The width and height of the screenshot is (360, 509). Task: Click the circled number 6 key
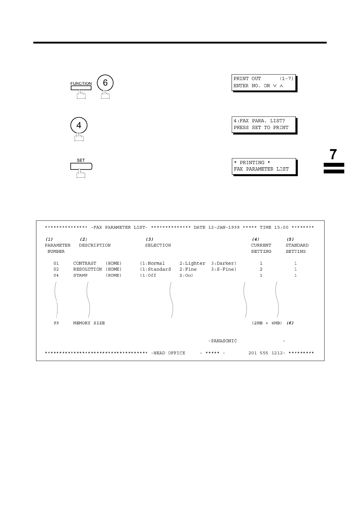pyautogui.click(x=105, y=83)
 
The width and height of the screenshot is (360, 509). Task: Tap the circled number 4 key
pyautogui.click(x=79, y=125)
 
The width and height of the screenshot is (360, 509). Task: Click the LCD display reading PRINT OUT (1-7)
pyautogui.click(x=263, y=82)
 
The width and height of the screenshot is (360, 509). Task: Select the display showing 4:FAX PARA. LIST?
pyautogui.click(x=263, y=124)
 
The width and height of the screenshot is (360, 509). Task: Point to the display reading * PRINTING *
pyautogui.click(x=263, y=166)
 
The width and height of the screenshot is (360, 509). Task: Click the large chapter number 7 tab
pyautogui.click(x=333, y=155)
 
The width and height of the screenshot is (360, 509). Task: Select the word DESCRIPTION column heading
pyautogui.click(x=95, y=245)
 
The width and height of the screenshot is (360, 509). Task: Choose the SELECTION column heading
pyautogui.click(x=158, y=245)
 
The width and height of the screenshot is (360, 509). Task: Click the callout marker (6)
pyautogui.click(x=290, y=323)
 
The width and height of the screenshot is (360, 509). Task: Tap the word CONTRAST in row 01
pyautogui.click(x=85, y=263)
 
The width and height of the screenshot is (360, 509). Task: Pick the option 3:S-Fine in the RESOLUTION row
pyautogui.click(x=224, y=269)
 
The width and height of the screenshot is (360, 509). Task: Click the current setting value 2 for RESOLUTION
pyautogui.click(x=261, y=269)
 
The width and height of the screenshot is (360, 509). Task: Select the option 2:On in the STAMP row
pyautogui.click(x=186, y=275)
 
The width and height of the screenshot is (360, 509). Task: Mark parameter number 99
pyautogui.click(x=56, y=323)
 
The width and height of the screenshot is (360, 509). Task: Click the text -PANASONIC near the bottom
pyautogui.click(x=222, y=341)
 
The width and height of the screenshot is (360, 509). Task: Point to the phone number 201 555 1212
pyautogui.click(x=266, y=353)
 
